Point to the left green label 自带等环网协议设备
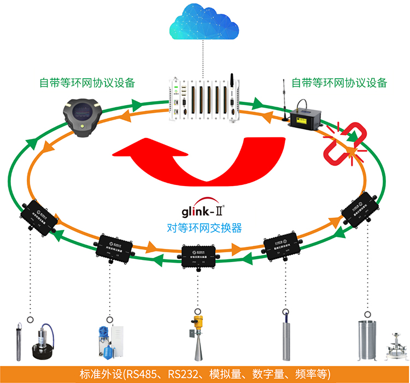point(87,83)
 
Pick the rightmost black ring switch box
point(361,207)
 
